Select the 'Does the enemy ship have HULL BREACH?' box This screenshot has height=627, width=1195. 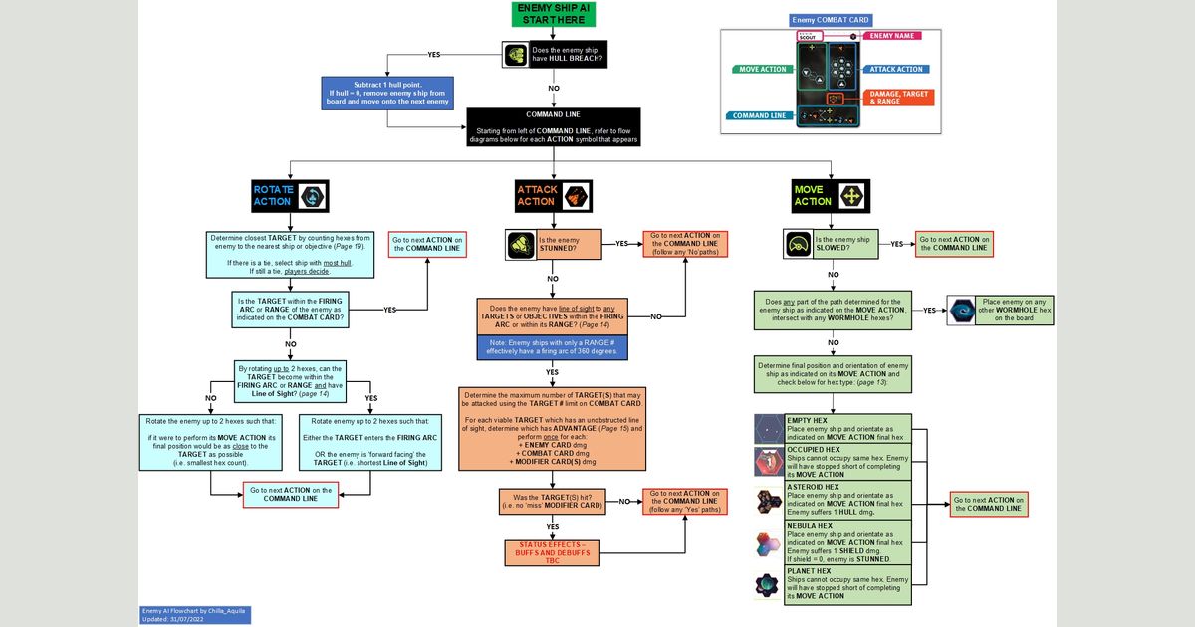click(x=567, y=54)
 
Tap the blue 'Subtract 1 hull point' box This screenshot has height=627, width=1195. click(x=387, y=93)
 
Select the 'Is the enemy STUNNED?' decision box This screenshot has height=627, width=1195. click(x=569, y=245)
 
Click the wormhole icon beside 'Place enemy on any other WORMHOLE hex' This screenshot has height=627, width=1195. click(x=961, y=311)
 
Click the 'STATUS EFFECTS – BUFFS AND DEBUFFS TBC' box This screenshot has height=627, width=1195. click(x=553, y=552)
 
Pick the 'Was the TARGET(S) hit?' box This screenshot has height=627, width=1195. click(x=553, y=502)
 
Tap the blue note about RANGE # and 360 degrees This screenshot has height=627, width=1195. click(x=553, y=346)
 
